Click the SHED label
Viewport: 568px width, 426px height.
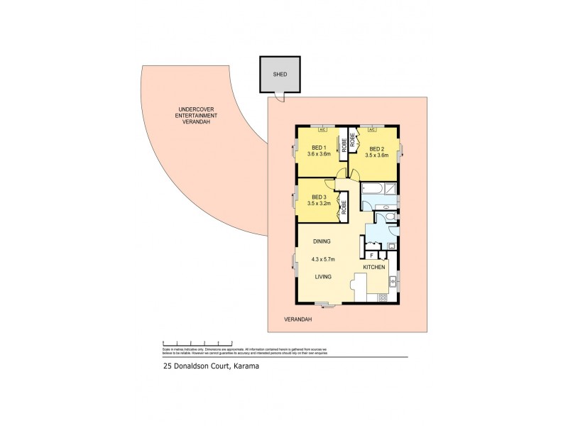[280, 74]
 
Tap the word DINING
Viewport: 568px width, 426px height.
[321, 241]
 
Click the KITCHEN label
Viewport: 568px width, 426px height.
[374, 267]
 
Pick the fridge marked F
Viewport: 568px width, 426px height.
[371, 254]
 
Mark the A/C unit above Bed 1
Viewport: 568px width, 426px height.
[322, 130]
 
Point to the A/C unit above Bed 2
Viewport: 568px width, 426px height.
[371, 130]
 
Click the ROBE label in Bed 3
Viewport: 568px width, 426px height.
[343, 207]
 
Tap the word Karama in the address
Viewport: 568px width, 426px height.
[240, 367]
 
